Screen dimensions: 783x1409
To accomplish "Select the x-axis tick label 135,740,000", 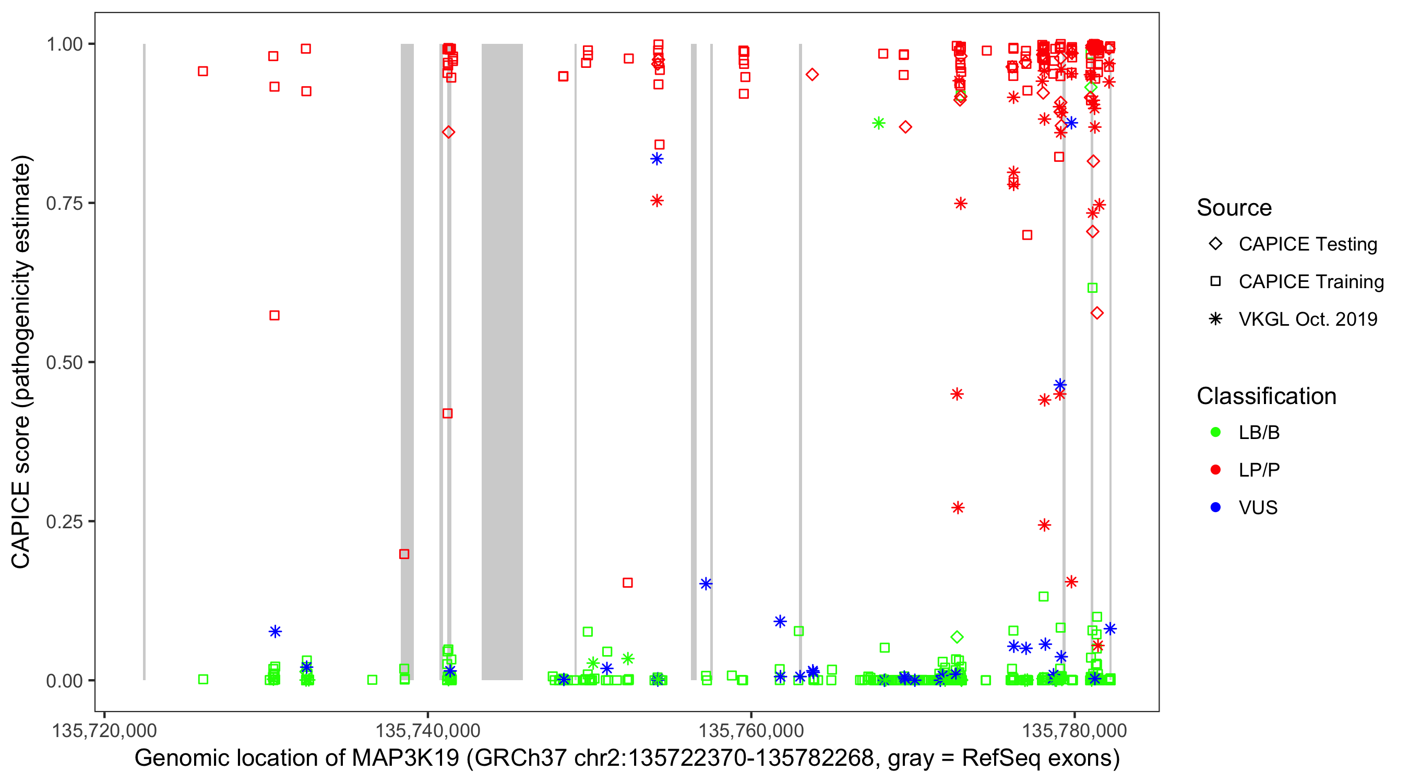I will pyautogui.click(x=427, y=730).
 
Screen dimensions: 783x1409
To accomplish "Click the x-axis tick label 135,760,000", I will pyautogui.click(x=751, y=730).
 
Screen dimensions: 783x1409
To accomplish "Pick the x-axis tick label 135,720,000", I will pyautogui.click(x=104, y=730).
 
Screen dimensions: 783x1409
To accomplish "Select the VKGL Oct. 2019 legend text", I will pyautogui.click(x=1307, y=319).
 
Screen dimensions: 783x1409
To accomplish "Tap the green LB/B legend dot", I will pyautogui.click(x=1215, y=432).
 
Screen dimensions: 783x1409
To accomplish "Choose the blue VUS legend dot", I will pyautogui.click(x=1215, y=508).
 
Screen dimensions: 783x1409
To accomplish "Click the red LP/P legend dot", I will pyautogui.click(x=1215, y=470).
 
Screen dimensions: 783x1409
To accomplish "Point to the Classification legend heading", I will pyautogui.click(x=1266, y=396).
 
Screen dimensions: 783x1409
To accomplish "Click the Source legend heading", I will pyautogui.click(x=1234, y=208).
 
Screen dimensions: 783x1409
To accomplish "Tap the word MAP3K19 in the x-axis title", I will pyautogui.click(x=405, y=758).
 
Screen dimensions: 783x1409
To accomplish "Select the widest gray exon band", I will pyautogui.click(x=501, y=361).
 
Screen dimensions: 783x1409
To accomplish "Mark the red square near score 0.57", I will pyautogui.click(x=274, y=316).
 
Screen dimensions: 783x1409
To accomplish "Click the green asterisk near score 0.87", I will pyautogui.click(x=878, y=123).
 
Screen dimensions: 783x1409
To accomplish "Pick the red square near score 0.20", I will pyautogui.click(x=404, y=554).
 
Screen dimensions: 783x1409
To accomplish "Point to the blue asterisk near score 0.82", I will pyautogui.click(x=657, y=159).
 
